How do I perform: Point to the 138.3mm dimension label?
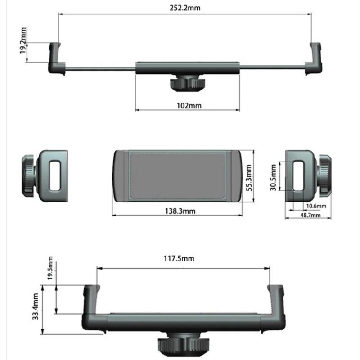pos(179,211)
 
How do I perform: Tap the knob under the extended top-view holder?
pos(186,84)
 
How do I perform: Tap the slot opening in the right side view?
pos(298,175)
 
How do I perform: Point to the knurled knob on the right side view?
pos(325,176)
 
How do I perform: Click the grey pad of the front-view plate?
pos(178,176)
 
